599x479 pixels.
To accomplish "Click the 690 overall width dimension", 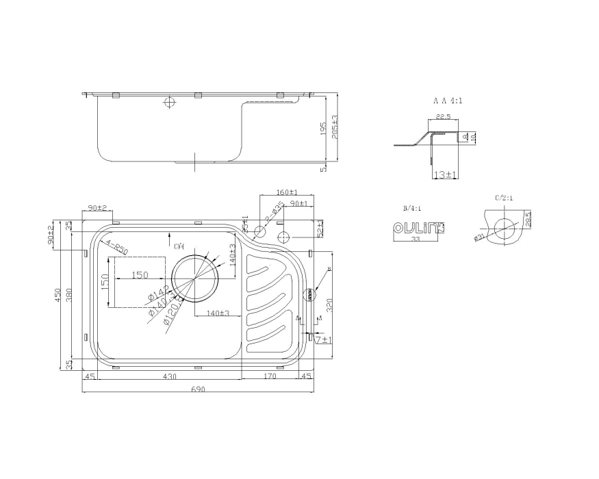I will coord(197,389).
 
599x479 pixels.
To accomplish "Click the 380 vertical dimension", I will coord(71,294).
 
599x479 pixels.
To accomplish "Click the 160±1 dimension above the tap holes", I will coord(286,192).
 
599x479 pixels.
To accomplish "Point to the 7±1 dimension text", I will coord(323,339).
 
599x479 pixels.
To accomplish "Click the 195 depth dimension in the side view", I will coord(323,129).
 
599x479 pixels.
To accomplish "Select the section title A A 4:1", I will coord(448,100).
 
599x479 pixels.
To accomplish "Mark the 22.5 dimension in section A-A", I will coord(442,117).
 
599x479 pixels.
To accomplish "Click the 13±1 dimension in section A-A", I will coord(445,175).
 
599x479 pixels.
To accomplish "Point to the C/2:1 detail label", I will coord(504,198).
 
